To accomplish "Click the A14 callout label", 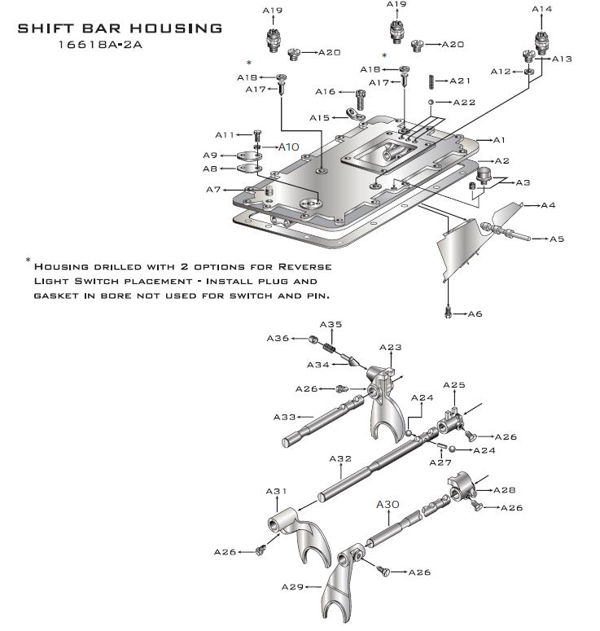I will tap(541, 9).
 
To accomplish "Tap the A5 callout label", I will tap(557, 239).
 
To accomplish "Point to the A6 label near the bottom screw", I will tap(475, 313).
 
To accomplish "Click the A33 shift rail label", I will tap(284, 417).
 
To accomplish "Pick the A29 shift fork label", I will tap(292, 586).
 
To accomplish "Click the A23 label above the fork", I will tap(391, 348).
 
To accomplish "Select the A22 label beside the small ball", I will tap(464, 103).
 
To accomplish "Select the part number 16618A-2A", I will tap(102, 46).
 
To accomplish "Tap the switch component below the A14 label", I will tap(540, 41).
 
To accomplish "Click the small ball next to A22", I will tap(431, 103).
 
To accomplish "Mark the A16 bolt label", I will tap(326, 92).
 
